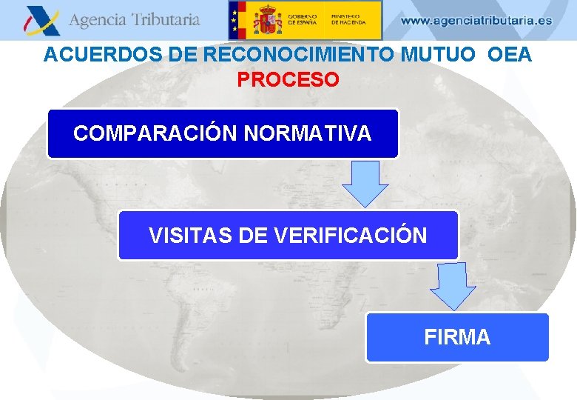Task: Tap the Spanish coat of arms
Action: tap(266, 20)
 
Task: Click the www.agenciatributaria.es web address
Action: tap(476, 21)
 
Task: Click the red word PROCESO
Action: tap(288, 79)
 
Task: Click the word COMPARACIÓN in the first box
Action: tap(155, 133)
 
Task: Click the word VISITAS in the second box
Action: tap(190, 236)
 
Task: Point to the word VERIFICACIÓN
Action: tap(351, 236)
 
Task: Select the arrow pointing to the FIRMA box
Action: tap(453, 285)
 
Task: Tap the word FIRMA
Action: tap(457, 338)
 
